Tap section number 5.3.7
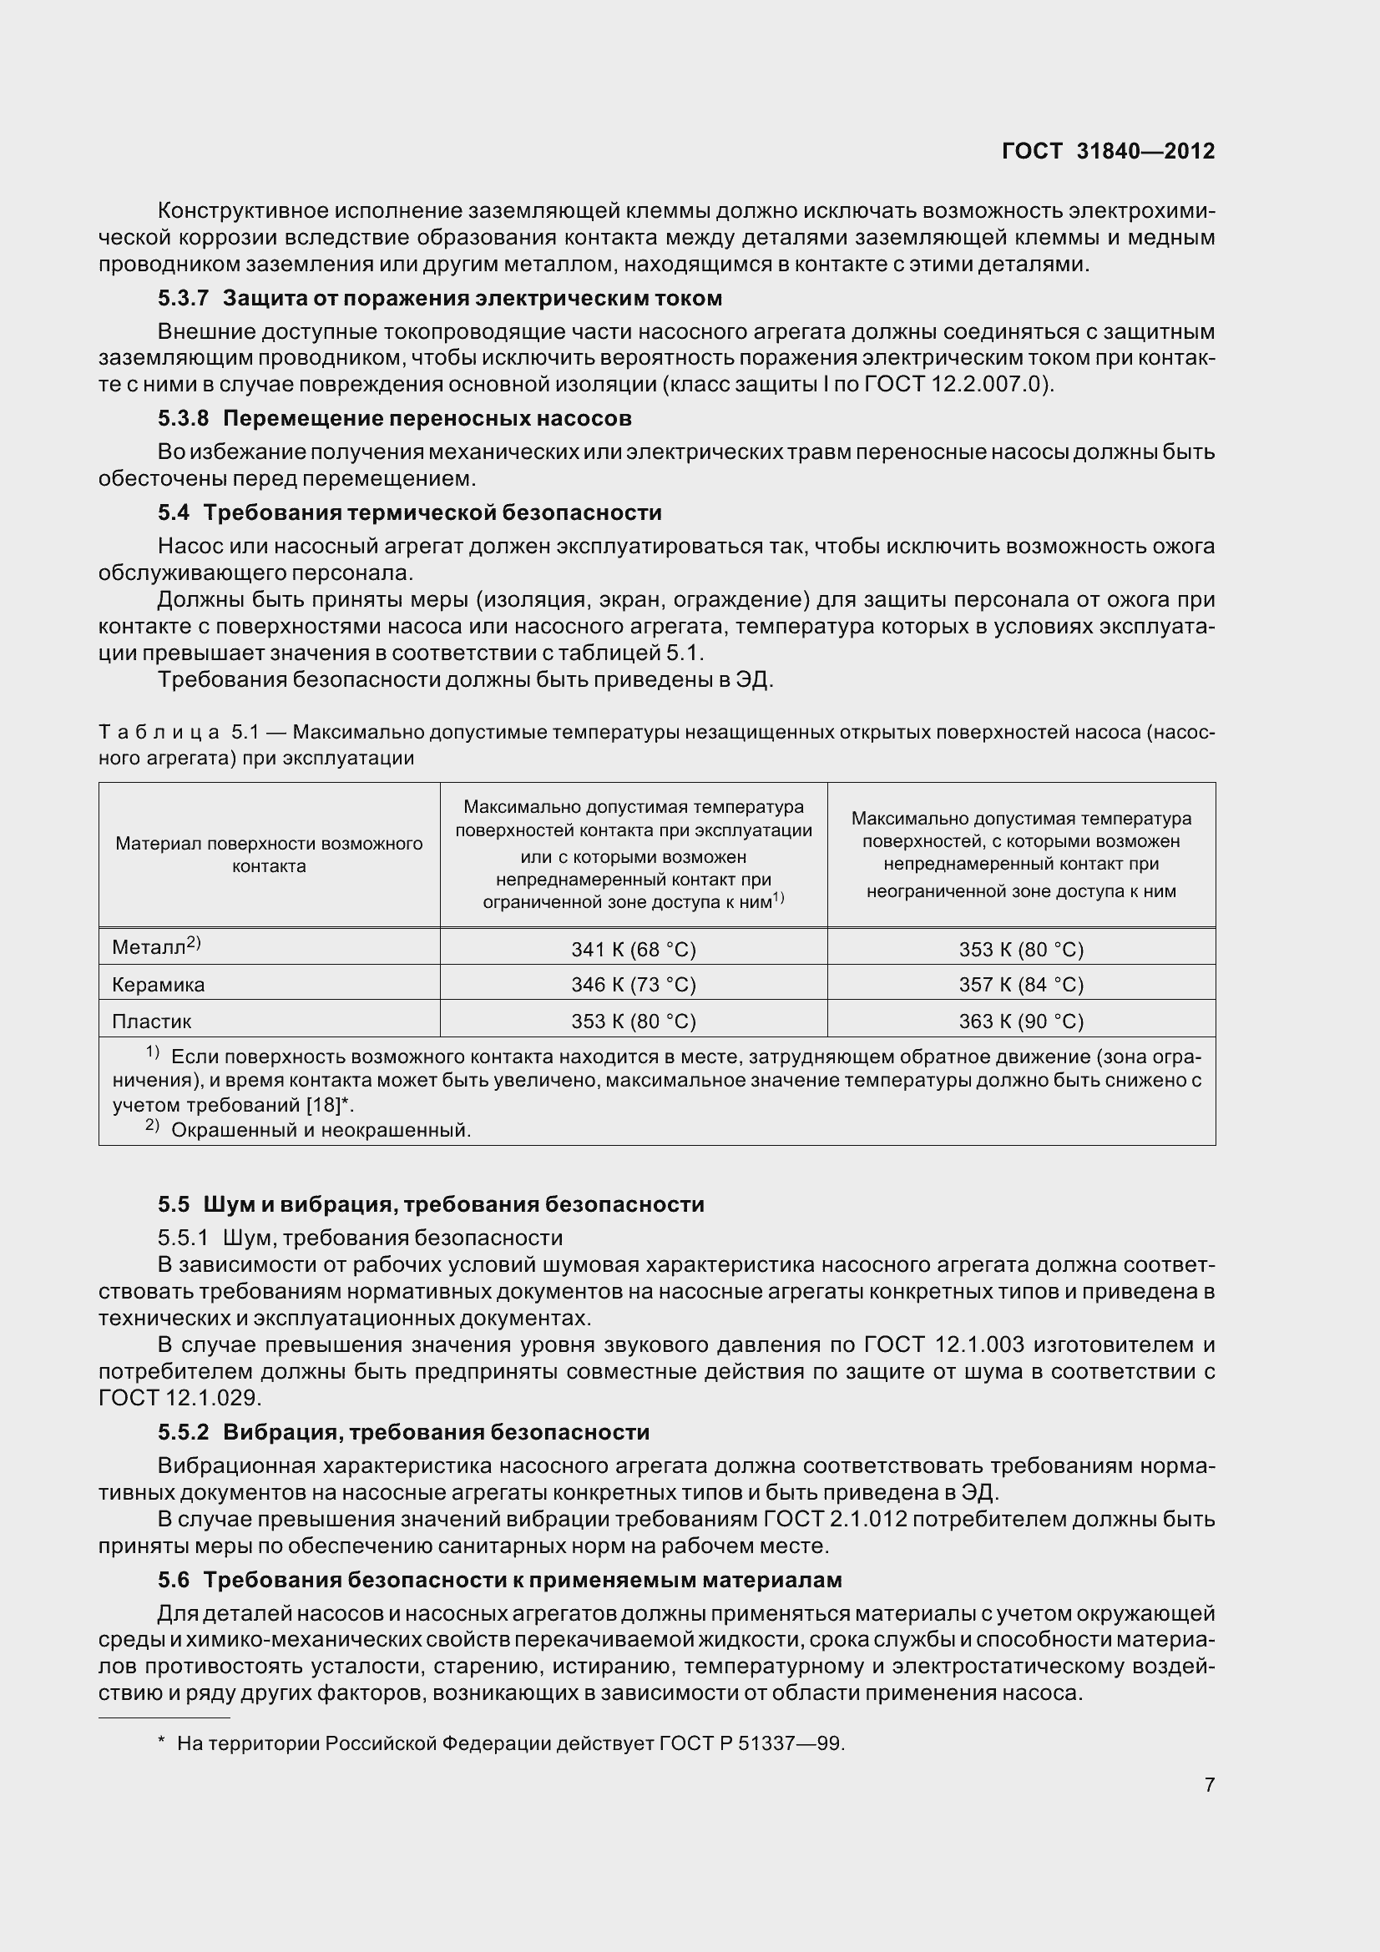[x=183, y=299]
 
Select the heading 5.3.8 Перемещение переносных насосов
[x=395, y=418]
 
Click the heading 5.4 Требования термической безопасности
[x=409, y=512]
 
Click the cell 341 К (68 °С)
[x=634, y=949]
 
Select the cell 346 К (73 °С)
[x=634, y=985]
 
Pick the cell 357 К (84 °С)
[x=1021, y=985]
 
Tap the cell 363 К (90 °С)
[x=1021, y=1021]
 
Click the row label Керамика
[x=158, y=985]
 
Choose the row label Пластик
[x=151, y=1021]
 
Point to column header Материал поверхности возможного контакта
[x=269, y=855]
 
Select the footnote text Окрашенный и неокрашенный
[x=321, y=1130]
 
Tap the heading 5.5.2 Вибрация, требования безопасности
[x=403, y=1432]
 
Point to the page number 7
[x=1209, y=1783]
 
